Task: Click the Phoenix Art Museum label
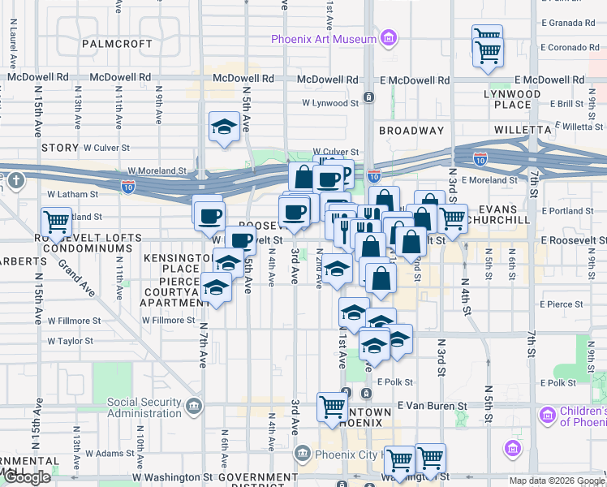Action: [323, 38]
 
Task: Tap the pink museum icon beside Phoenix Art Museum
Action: [389, 38]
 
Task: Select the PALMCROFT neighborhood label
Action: [117, 43]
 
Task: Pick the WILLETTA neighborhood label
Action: [522, 130]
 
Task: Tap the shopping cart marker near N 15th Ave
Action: [56, 221]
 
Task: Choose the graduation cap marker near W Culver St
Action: [223, 127]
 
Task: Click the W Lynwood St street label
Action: [330, 103]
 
